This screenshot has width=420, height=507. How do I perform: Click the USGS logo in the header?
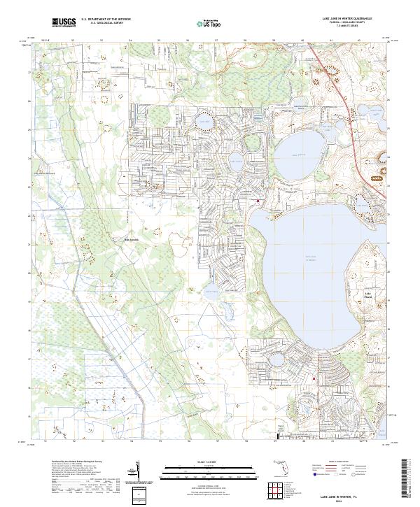point(64,22)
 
